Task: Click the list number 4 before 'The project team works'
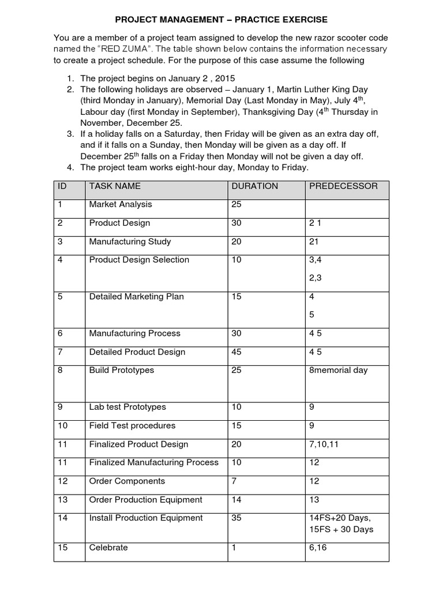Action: pyautogui.click(x=70, y=167)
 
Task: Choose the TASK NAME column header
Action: pyautogui.click(x=115, y=186)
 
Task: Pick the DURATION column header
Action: pyautogui.click(x=254, y=186)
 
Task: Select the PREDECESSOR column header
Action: pyautogui.click(x=344, y=186)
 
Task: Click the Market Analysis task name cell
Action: pyautogui.click(x=121, y=204)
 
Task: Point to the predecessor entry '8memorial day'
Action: pyautogui.click(x=338, y=370)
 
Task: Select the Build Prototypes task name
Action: pyautogui.click(x=122, y=370)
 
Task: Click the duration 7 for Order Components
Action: pyautogui.click(x=234, y=481)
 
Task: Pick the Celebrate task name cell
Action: pyautogui.click(x=108, y=547)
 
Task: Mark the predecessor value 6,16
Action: pyautogui.click(x=318, y=547)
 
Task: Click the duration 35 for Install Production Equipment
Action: pyautogui.click(x=236, y=518)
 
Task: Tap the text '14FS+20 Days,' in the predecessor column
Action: pyautogui.click(x=340, y=518)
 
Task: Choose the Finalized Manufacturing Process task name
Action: pyautogui.click(x=154, y=462)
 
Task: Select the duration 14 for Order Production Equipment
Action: pyautogui.click(x=236, y=499)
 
